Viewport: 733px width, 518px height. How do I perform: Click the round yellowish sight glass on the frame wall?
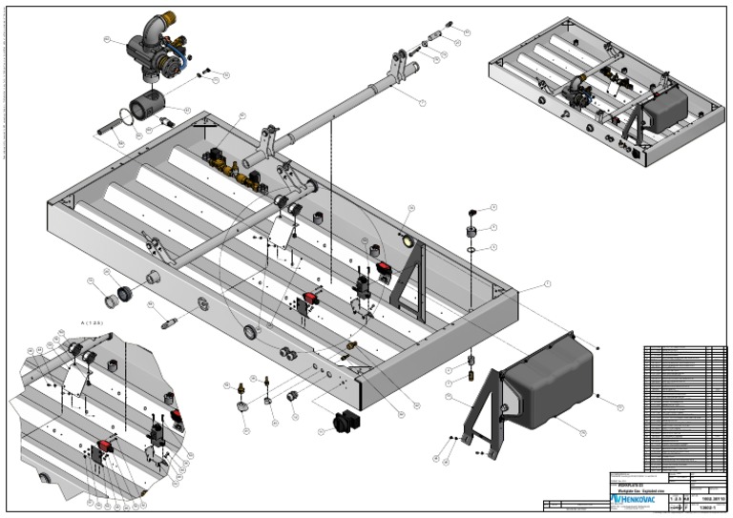409,240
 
